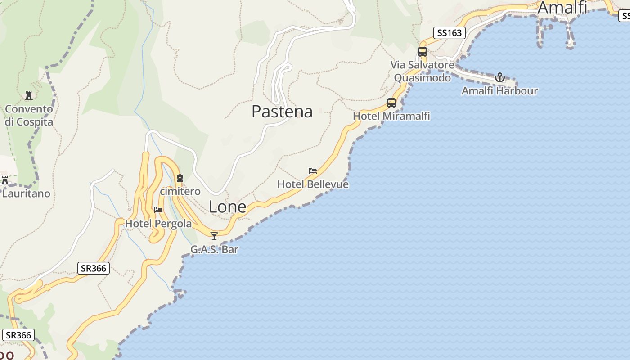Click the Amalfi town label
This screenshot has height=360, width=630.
(562, 8)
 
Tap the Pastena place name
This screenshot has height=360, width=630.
(282, 112)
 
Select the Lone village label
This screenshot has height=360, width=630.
(227, 207)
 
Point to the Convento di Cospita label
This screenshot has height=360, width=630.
(29, 116)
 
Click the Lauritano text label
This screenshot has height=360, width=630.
(26, 194)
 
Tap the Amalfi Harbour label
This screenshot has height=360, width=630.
(499, 91)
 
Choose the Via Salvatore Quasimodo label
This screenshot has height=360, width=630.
(422, 72)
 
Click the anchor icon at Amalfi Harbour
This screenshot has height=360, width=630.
(499, 78)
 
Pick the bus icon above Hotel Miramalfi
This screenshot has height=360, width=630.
(391, 103)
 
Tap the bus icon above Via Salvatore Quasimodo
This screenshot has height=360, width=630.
(422, 52)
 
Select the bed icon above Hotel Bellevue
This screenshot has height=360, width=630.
(313, 171)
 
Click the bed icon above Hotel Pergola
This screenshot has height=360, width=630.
(158, 210)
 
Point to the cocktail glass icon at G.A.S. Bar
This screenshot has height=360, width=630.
(214, 236)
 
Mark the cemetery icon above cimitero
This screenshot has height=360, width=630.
(180, 178)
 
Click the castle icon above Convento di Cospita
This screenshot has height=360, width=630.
(29, 96)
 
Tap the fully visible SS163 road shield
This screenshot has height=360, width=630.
(449, 32)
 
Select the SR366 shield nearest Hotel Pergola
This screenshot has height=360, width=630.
(93, 269)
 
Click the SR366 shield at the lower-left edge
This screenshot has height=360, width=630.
(18, 335)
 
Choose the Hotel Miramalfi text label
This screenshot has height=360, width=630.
(391, 116)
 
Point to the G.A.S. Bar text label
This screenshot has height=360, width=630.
(214, 249)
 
